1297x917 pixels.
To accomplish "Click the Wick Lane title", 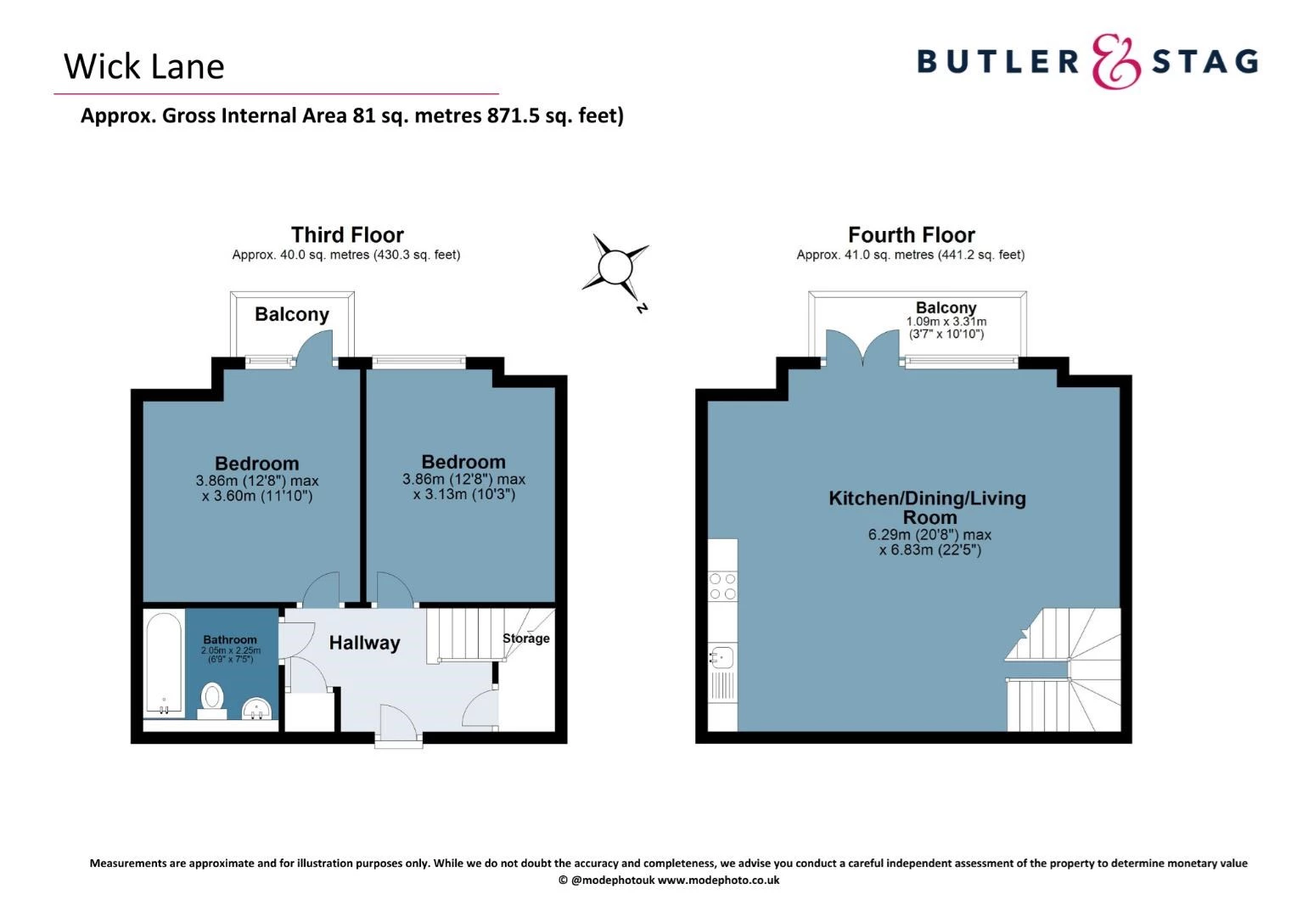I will pos(143,66).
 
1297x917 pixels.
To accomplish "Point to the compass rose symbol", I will pos(615,268).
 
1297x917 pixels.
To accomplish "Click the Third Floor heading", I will pos(347,234).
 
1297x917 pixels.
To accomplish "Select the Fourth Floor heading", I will pos(911,234).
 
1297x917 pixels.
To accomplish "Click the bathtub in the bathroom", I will pos(164,662).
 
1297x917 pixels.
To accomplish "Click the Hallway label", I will pos(364,643).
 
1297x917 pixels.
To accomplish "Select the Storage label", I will pos(525,639).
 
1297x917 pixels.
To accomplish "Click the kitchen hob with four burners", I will pos(722,586).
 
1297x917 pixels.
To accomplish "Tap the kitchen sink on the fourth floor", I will pos(722,656).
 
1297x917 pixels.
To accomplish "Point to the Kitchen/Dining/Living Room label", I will pos(928,507).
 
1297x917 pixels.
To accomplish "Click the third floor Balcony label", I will pos(292,314).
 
